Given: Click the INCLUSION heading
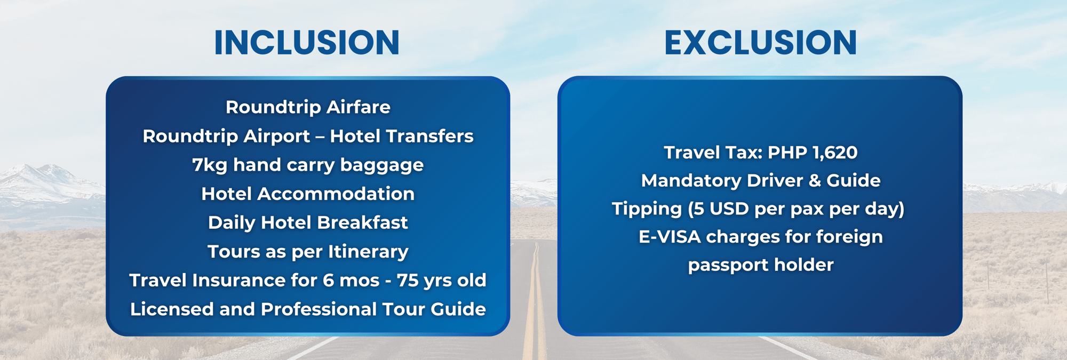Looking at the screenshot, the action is click(307, 43).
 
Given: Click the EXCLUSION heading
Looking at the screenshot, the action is click(760, 43).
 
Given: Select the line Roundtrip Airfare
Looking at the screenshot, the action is click(308, 107).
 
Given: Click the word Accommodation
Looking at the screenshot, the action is click(336, 194).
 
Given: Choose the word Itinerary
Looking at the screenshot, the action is click(368, 252).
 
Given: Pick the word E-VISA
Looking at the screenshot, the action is click(670, 237).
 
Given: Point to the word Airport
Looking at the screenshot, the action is click(276, 137).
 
